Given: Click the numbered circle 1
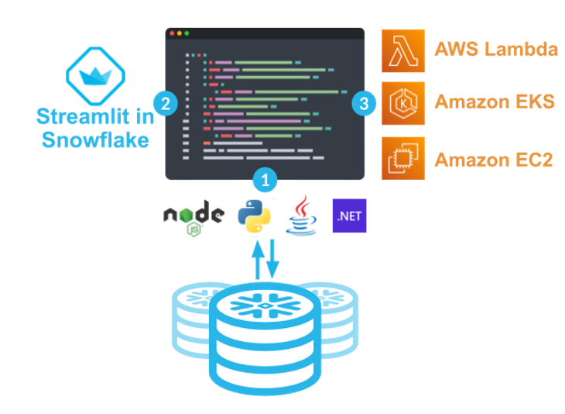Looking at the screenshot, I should (x=265, y=180).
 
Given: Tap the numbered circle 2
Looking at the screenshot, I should (x=165, y=102).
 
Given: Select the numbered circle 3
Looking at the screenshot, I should (x=365, y=102).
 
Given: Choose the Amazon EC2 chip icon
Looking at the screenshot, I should (x=403, y=158).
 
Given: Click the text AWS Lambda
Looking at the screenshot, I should (x=496, y=50).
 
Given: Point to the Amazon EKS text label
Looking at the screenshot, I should (x=495, y=102).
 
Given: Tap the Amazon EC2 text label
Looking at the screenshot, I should (x=495, y=160).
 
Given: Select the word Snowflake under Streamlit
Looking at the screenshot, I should (x=95, y=140).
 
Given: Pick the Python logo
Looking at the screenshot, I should (x=255, y=216).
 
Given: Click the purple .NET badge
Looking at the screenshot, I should (x=349, y=216).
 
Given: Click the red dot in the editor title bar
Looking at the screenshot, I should (x=172, y=33).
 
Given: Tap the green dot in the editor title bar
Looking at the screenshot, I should (x=187, y=33).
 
